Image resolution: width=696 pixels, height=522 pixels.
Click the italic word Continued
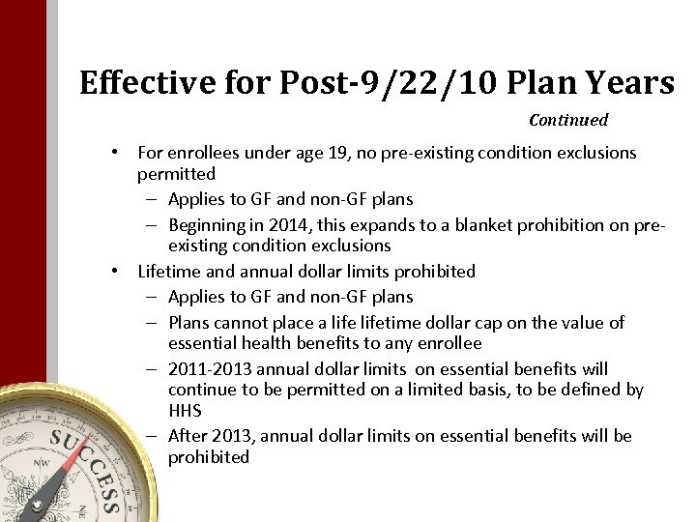[x=568, y=121]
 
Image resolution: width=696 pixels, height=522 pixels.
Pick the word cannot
[x=237, y=322]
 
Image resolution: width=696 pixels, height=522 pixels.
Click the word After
[x=187, y=436]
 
